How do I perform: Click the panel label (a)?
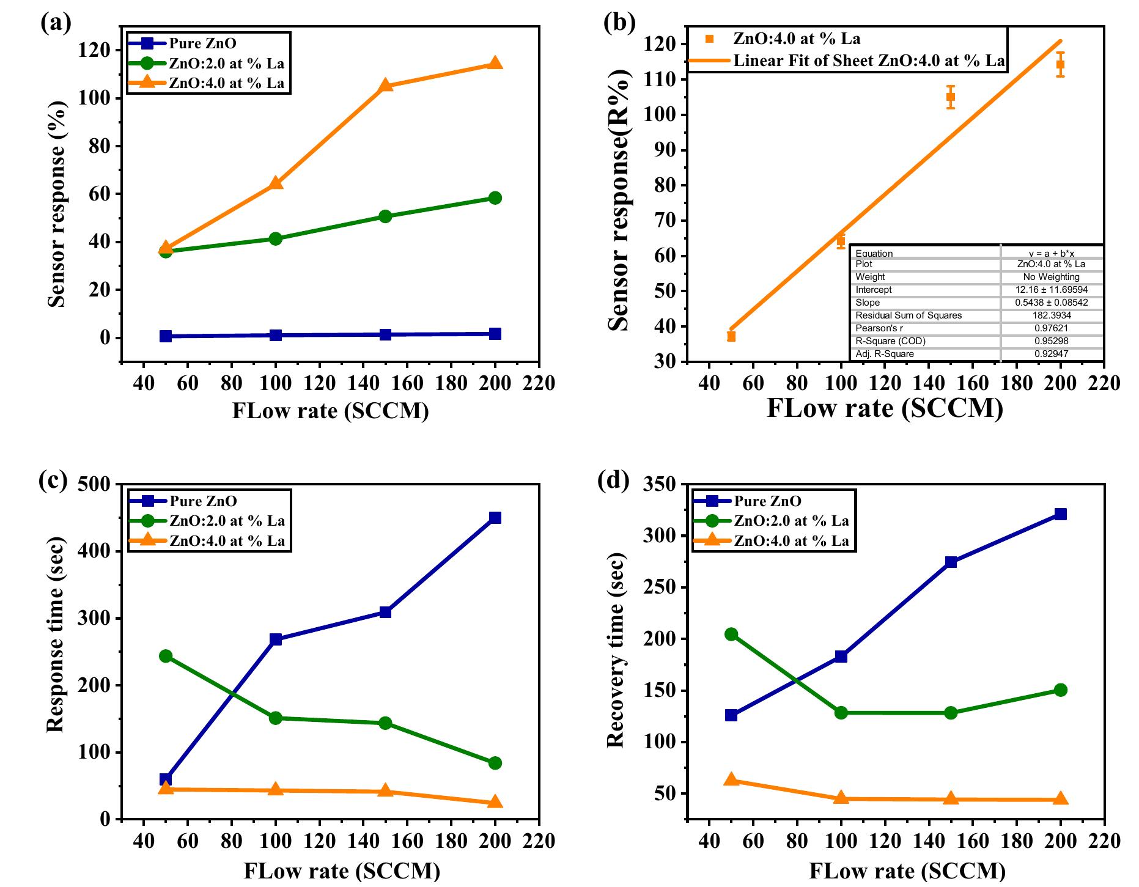(x=56, y=23)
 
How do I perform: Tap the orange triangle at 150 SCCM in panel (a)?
(x=385, y=86)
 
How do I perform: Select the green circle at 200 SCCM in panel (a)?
(x=495, y=197)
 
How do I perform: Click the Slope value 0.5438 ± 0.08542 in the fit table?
(x=1052, y=303)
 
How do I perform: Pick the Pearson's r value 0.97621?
(x=1052, y=328)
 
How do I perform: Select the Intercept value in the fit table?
(x=1052, y=290)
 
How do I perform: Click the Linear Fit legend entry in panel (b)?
(x=869, y=61)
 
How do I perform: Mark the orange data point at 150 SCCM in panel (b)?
(x=951, y=97)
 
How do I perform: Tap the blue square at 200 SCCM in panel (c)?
(x=495, y=518)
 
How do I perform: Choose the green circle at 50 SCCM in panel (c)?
(x=166, y=656)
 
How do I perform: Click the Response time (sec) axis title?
(x=56, y=651)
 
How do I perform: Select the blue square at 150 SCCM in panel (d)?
(x=951, y=562)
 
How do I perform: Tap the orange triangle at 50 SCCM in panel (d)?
(x=731, y=779)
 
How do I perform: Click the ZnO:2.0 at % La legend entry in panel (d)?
(x=791, y=521)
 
